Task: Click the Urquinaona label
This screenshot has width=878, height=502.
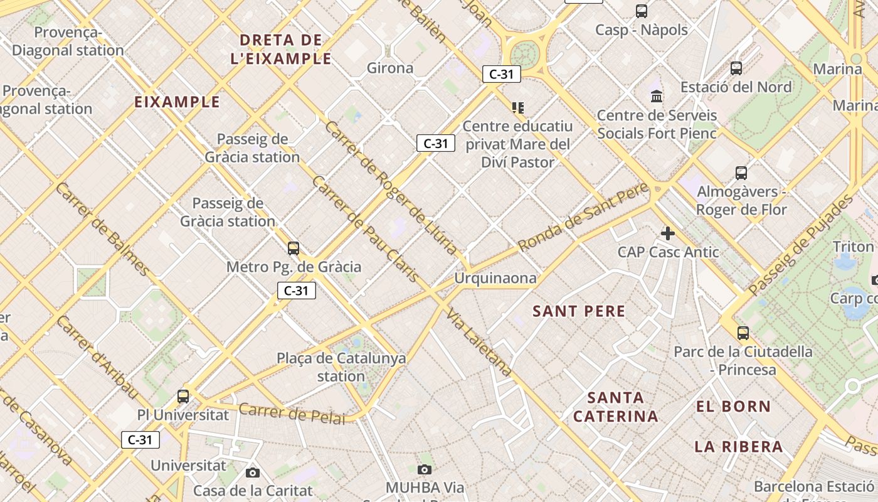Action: (x=495, y=278)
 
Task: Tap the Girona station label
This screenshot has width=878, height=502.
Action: (x=389, y=68)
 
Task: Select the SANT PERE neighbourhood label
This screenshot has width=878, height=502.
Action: (x=579, y=311)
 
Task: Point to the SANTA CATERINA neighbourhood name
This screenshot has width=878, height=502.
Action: (x=616, y=407)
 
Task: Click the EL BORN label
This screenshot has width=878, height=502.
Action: (x=733, y=406)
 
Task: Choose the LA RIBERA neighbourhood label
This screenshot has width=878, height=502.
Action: (x=738, y=447)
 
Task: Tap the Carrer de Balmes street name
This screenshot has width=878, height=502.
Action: (x=102, y=229)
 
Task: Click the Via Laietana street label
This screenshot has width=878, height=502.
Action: (x=480, y=343)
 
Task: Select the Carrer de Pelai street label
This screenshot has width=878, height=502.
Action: (x=292, y=412)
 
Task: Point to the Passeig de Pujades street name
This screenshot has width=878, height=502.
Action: (x=800, y=245)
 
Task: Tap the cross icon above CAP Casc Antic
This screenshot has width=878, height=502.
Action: (x=668, y=233)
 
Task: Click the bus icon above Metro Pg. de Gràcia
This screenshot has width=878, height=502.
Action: (x=294, y=248)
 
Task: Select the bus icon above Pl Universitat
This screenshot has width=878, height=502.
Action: (x=183, y=397)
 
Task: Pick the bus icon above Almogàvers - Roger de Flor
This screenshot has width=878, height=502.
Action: (x=741, y=173)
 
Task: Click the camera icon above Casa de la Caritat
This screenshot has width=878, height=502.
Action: (x=253, y=473)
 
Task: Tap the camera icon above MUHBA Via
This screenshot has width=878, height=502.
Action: (x=425, y=469)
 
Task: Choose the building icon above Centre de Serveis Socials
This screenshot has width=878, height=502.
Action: (x=657, y=96)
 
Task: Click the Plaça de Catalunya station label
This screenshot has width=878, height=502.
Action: (x=341, y=367)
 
